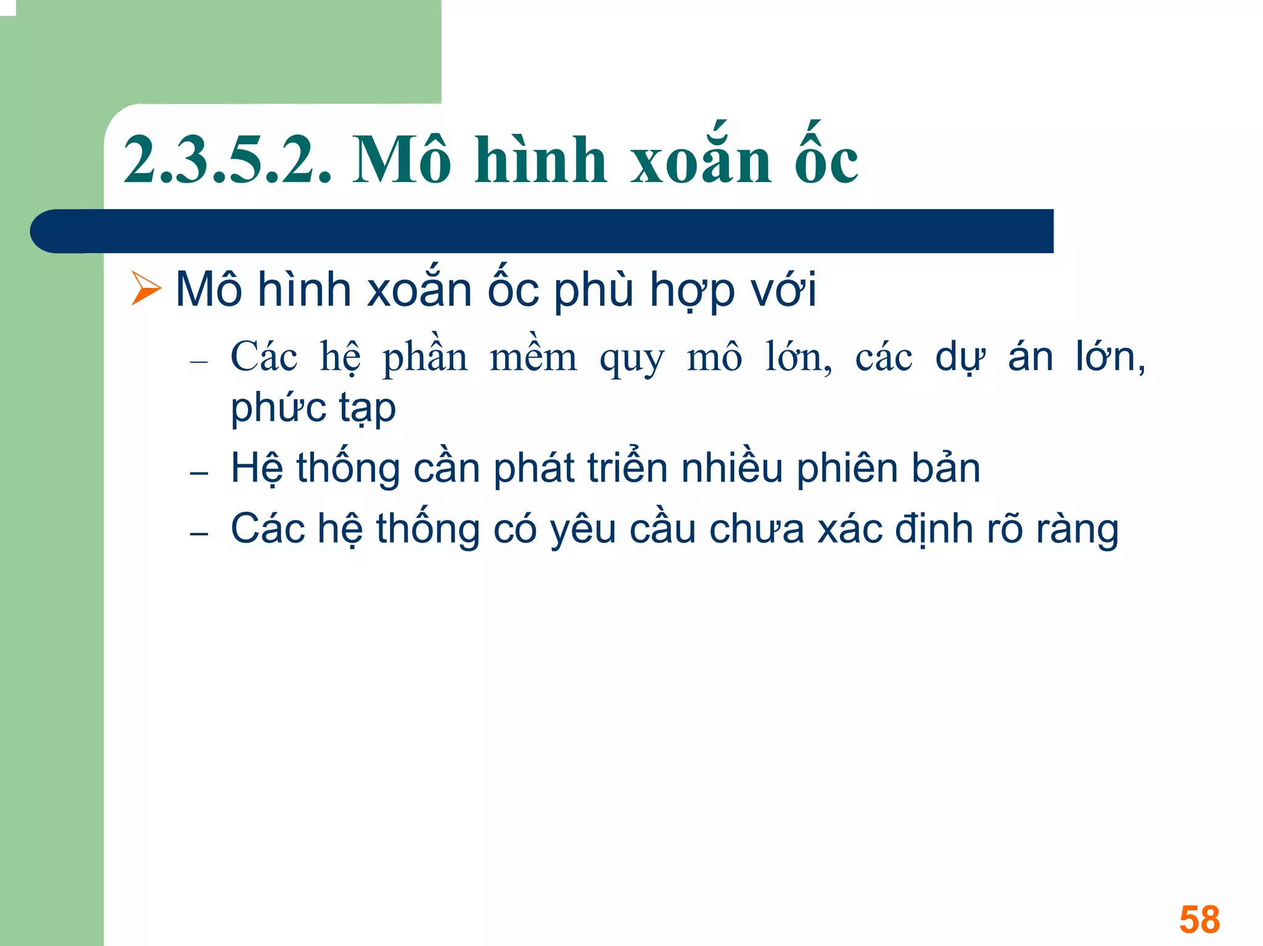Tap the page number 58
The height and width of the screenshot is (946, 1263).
[x=1199, y=919]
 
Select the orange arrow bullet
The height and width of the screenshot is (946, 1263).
[x=146, y=289]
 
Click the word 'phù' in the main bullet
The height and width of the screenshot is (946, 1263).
[x=594, y=290]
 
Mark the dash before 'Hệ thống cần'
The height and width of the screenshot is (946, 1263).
[x=199, y=474]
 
